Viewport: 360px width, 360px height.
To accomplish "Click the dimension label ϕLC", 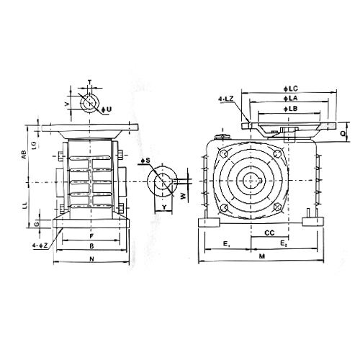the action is coord(291,89).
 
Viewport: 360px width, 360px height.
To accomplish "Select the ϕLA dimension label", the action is coord(291,98).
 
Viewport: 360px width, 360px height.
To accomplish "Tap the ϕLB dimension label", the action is coord(291,109).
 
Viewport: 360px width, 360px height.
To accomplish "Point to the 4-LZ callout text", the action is coord(226,99).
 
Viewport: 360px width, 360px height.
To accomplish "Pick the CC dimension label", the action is coord(269,233).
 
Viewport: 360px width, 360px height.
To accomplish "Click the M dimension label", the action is coord(262,256).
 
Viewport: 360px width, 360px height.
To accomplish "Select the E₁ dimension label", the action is coord(227,244).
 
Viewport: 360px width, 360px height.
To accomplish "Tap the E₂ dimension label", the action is coord(284,243).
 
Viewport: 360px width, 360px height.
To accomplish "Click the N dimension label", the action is coord(91,258).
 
